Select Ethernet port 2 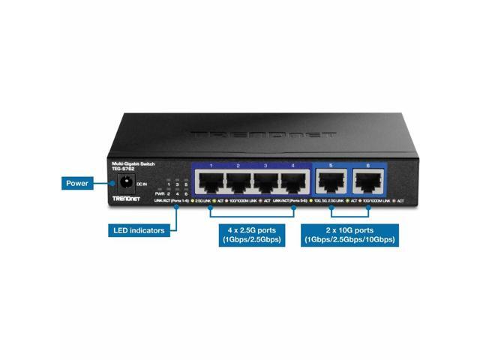(239, 182)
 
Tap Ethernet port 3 (266, 182)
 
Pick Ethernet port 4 (293, 182)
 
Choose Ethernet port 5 (330, 182)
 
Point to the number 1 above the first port (211, 165)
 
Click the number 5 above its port (330, 165)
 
